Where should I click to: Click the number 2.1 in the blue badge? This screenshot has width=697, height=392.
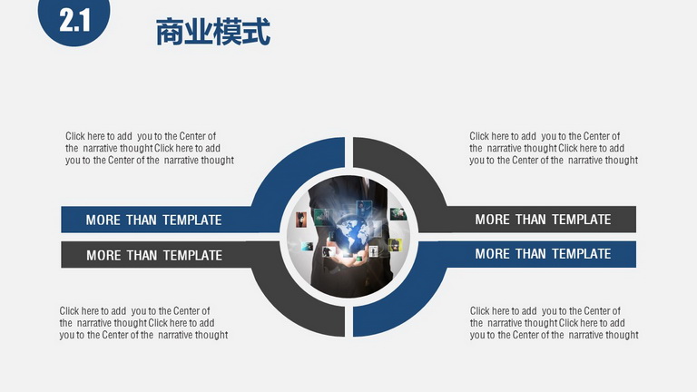click(x=74, y=21)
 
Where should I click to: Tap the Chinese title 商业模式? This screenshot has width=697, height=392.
click(x=213, y=32)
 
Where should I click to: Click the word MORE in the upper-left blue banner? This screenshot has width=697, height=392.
click(x=103, y=220)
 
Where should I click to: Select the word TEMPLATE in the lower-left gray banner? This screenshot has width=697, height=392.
click(x=192, y=256)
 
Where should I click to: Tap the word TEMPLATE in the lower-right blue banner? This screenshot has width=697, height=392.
click(x=582, y=254)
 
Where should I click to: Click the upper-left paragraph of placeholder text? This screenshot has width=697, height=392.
click(x=150, y=148)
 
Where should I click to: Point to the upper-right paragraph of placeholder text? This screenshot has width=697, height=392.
click(x=554, y=148)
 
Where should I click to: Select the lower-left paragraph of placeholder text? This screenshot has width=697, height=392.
click(x=143, y=323)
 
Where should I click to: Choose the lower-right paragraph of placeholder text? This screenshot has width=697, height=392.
click(x=554, y=323)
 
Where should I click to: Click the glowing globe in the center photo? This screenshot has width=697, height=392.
click(x=352, y=235)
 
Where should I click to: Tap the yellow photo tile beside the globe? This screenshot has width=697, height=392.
click(x=395, y=245)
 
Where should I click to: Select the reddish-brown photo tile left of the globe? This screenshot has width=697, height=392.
click(x=301, y=219)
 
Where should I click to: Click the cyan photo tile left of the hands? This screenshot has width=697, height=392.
click(x=306, y=246)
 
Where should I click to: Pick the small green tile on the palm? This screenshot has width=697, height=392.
click(x=358, y=259)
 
